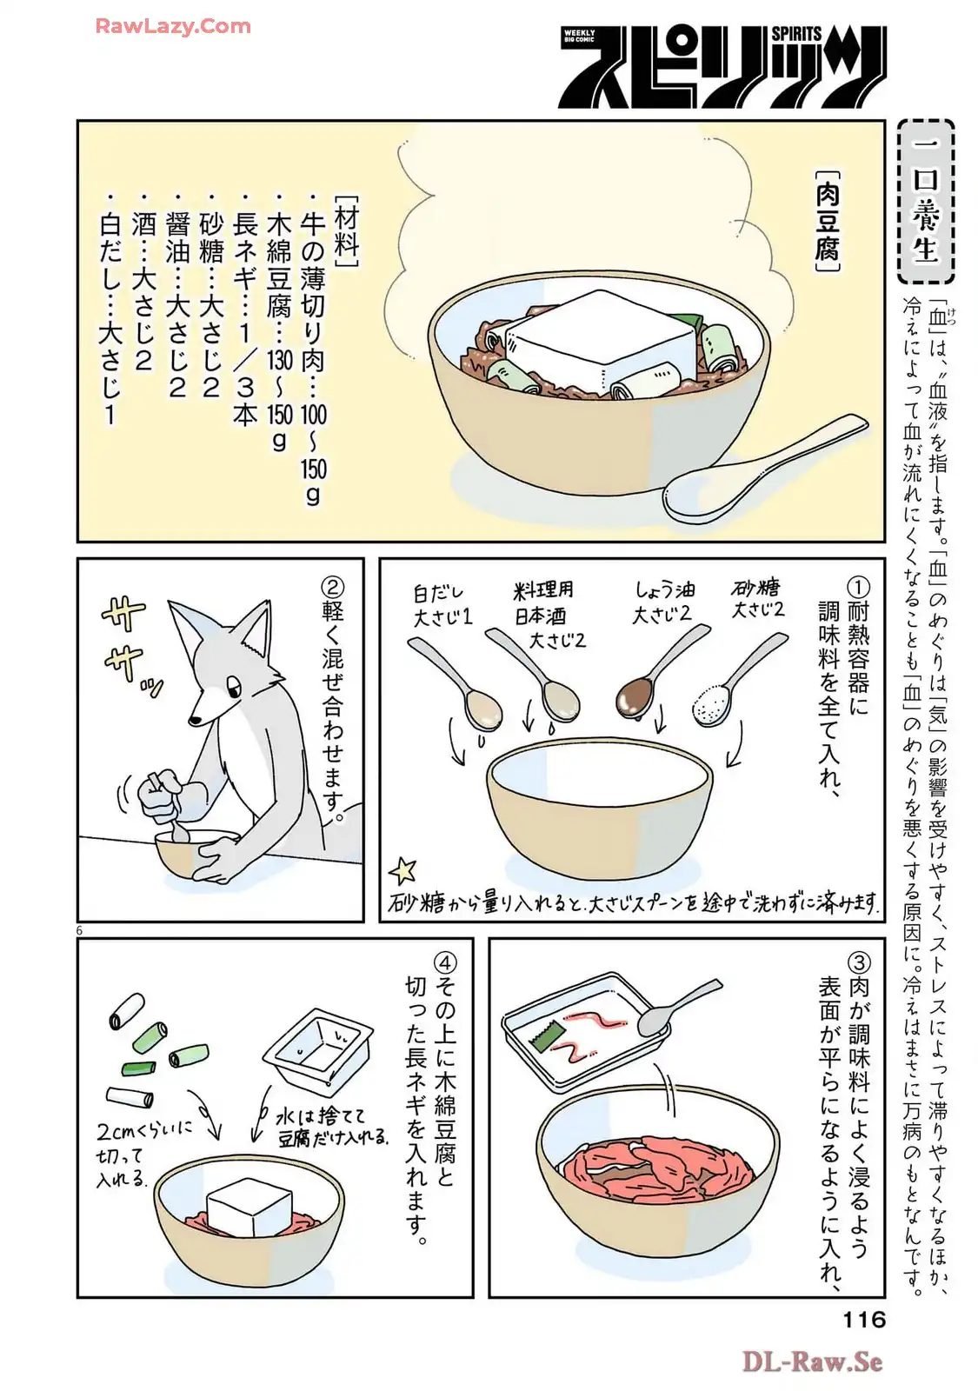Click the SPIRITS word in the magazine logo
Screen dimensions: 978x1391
click(x=796, y=34)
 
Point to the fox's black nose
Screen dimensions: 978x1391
click(x=196, y=721)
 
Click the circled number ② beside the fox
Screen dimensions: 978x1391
click(x=334, y=586)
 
